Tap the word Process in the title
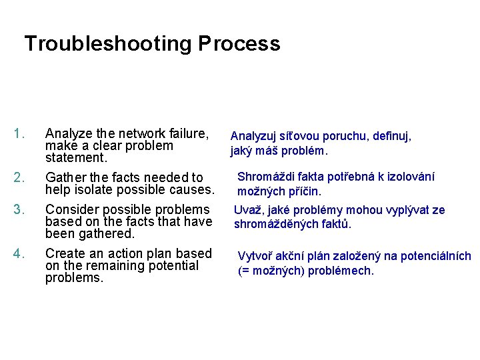click(x=239, y=44)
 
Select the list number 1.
click(x=19, y=133)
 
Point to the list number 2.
click(x=19, y=177)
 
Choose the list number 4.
click(x=19, y=254)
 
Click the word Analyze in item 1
click(x=67, y=133)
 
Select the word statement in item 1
click(x=75, y=158)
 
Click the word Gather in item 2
click(x=64, y=177)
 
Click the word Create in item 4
click(x=63, y=254)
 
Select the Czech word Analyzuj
click(x=256, y=137)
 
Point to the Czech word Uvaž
click(x=247, y=211)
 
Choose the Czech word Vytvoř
click(x=254, y=257)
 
